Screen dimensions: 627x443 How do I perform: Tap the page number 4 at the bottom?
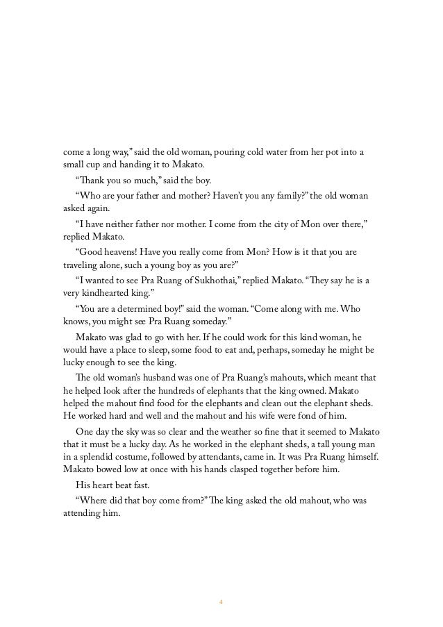(x=221, y=601)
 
